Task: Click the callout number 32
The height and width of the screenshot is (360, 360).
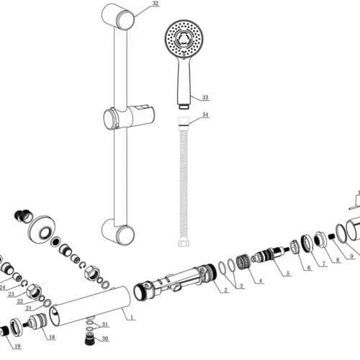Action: (x=156, y=4)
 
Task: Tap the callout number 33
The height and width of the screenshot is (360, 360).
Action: (x=205, y=97)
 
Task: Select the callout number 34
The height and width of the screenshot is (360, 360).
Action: (x=205, y=114)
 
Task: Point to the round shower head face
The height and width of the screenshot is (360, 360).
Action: (x=184, y=39)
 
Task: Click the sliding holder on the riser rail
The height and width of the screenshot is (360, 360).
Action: (x=129, y=118)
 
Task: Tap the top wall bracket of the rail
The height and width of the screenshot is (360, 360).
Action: (x=118, y=17)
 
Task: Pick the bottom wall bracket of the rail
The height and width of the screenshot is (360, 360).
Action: (x=118, y=232)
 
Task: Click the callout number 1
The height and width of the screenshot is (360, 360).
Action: (x=132, y=318)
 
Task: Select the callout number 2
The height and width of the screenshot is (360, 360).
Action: (x=225, y=290)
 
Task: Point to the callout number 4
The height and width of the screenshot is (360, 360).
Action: (x=261, y=281)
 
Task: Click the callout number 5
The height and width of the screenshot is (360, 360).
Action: (x=288, y=273)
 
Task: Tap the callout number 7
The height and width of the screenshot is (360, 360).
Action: (x=323, y=264)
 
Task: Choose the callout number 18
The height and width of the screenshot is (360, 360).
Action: (x=52, y=337)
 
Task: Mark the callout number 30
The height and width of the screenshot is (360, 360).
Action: (x=105, y=338)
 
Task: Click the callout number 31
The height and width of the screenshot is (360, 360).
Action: (x=105, y=325)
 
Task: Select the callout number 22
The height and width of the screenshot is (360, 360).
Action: (x=20, y=301)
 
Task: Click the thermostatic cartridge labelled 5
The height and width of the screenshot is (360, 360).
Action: (x=270, y=254)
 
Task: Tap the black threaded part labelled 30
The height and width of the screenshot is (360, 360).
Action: (x=89, y=339)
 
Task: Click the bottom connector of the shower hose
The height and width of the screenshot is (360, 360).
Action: (x=184, y=243)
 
